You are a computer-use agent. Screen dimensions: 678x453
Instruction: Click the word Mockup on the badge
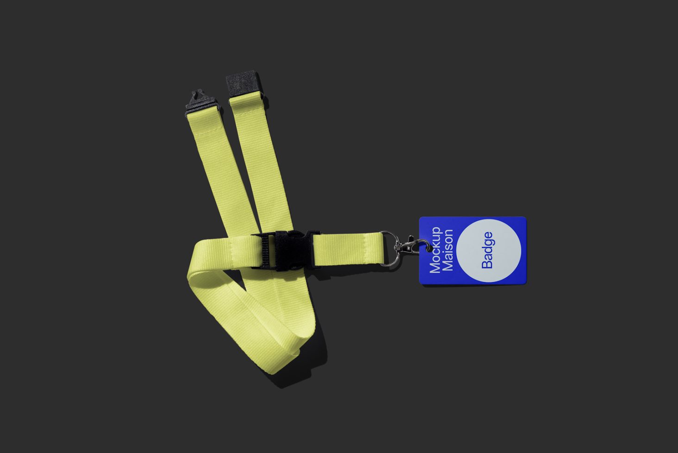click(x=435, y=250)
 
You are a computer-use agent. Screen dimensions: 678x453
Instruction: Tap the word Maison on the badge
click(x=448, y=250)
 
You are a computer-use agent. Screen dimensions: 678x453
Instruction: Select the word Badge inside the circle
click(x=487, y=250)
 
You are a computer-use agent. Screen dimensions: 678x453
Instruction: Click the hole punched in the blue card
click(x=428, y=248)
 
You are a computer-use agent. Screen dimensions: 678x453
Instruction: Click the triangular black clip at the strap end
click(x=201, y=102)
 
